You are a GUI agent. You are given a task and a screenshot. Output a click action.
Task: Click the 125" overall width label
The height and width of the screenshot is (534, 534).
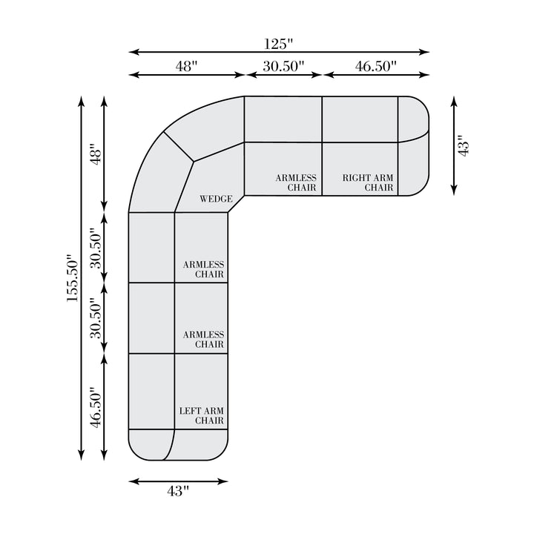pos(279,44)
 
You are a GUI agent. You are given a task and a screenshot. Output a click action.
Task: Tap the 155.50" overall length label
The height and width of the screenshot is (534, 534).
pos(73,278)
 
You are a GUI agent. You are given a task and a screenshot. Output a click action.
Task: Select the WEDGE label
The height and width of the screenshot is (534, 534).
pos(216,199)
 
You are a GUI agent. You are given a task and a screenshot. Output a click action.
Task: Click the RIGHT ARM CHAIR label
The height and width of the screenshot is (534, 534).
pos(368,182)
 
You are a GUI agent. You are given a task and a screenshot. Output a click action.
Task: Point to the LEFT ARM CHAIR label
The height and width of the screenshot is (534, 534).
pos(202,416)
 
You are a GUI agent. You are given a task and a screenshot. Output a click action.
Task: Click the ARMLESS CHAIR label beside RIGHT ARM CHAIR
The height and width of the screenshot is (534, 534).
pos(296,182)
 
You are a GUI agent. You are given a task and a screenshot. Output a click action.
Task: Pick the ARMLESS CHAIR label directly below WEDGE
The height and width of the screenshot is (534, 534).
pos(204,269)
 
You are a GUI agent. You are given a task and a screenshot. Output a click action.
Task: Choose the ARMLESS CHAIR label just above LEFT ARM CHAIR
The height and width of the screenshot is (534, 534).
pos(204,340)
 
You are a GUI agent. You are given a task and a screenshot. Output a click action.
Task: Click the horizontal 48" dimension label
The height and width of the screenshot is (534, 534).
pos(187,67)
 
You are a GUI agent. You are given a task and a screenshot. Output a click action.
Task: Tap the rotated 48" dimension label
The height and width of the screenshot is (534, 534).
pos(96,156)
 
